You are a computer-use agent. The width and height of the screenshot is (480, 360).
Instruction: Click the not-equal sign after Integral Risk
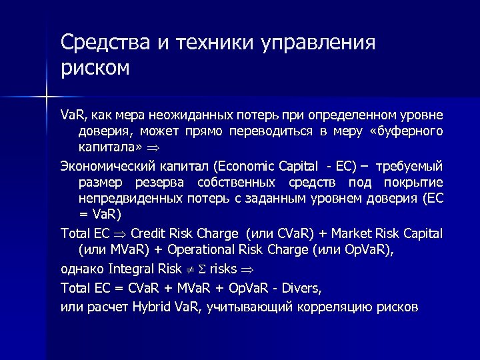[x=187, y=269]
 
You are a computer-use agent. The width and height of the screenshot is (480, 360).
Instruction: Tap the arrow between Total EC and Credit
[x=121, y=235]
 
